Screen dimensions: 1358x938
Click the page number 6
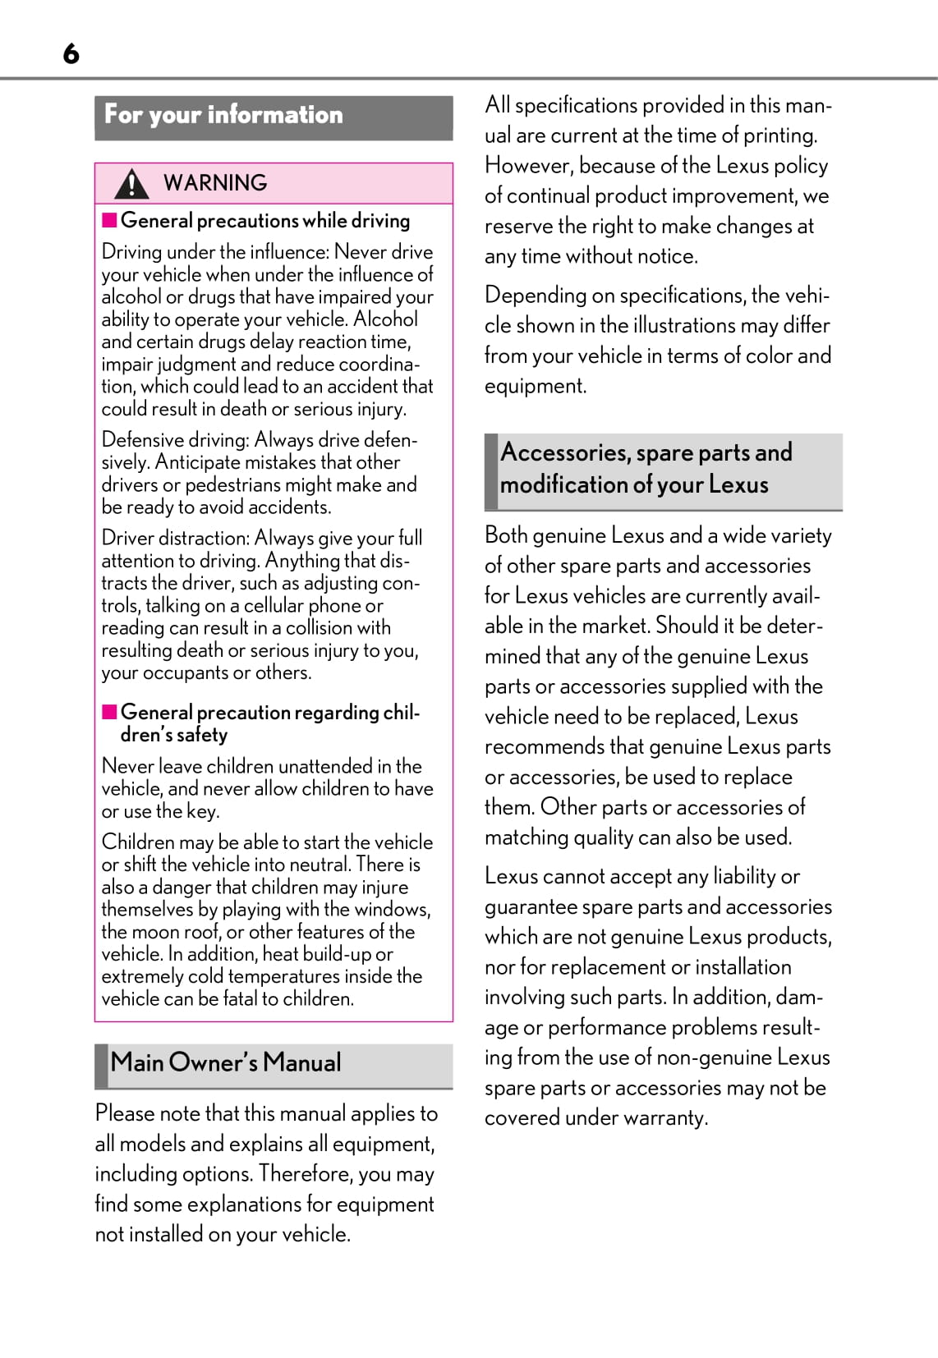coord(71,54)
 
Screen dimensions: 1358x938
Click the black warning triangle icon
coord(131,183)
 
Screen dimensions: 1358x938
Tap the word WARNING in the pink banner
coord(215,183)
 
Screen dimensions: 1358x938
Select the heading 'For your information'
coord(223,115)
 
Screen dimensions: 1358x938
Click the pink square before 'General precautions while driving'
coord(109,220)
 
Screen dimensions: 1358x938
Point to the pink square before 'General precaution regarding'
coord(109,712)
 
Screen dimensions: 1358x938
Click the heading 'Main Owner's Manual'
coord(226,1062)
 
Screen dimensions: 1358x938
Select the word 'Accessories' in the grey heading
coord(563,452)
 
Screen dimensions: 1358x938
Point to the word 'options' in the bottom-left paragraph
coord(217,1174)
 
